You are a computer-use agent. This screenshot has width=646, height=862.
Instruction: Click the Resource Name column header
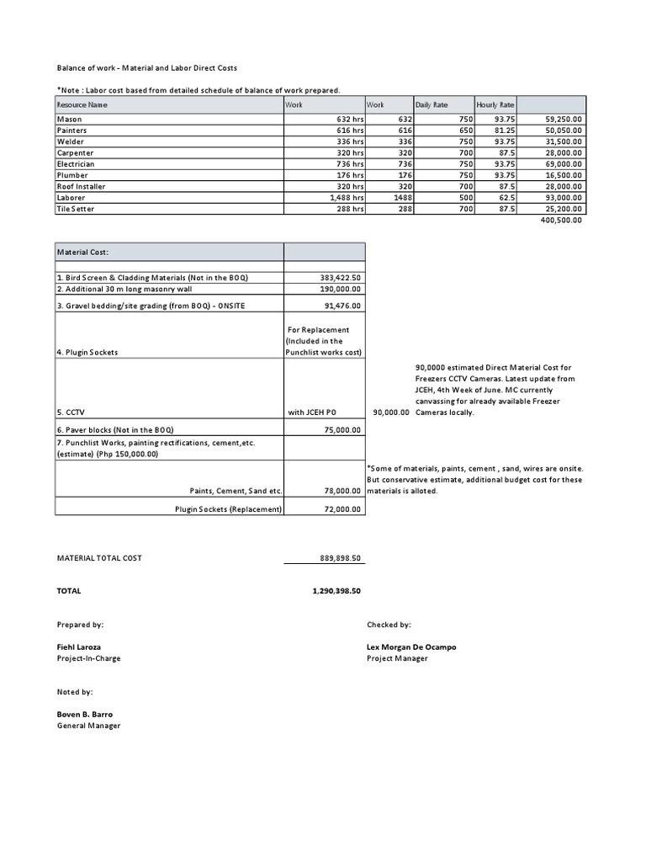coord(82,105)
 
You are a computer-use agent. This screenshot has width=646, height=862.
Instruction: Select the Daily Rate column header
coord(431,105)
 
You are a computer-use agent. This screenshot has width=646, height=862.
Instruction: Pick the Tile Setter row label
coord(76,209)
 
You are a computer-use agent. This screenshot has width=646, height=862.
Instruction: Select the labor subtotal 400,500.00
coord(560,220)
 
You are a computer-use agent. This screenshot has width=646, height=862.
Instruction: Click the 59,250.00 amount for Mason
coord(564,120)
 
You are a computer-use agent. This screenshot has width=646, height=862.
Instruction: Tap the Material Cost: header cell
coord(82,252)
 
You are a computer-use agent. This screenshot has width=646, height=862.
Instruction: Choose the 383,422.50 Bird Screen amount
coord(341,278)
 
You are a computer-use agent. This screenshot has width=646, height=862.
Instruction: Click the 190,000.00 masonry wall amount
coord(341,289)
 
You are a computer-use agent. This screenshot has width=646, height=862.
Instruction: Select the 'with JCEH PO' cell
coord(312,412)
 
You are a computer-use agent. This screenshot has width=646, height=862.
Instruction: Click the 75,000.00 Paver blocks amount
coord(342,429)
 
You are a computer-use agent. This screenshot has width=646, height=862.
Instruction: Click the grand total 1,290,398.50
coord(336,591)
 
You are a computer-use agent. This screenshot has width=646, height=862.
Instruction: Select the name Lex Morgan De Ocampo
coord(411,647)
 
